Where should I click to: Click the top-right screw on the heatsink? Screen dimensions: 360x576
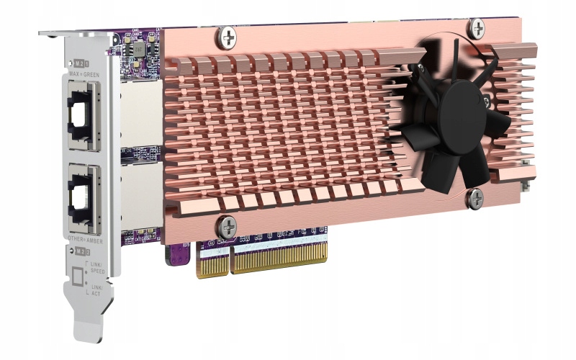click(x=477, y=28)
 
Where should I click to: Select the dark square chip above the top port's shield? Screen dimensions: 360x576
click(x=135, y=48)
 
